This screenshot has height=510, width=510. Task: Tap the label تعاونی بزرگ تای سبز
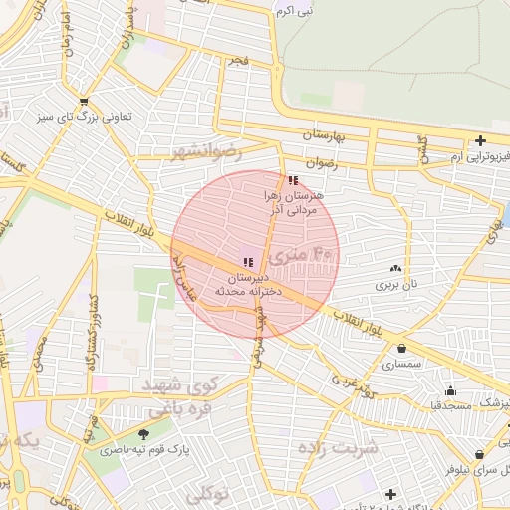[84, 117]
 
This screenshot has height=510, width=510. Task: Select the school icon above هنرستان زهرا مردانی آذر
[292, 180]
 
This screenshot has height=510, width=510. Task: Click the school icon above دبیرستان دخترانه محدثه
[247, 262]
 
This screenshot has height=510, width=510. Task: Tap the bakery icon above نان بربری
[396, 268]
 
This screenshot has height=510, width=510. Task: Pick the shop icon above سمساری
[401, 349]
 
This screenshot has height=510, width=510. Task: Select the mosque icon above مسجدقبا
[450, 390]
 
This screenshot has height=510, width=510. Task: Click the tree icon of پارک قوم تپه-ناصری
[144, 434]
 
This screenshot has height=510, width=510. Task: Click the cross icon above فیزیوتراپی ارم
[480, 140]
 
